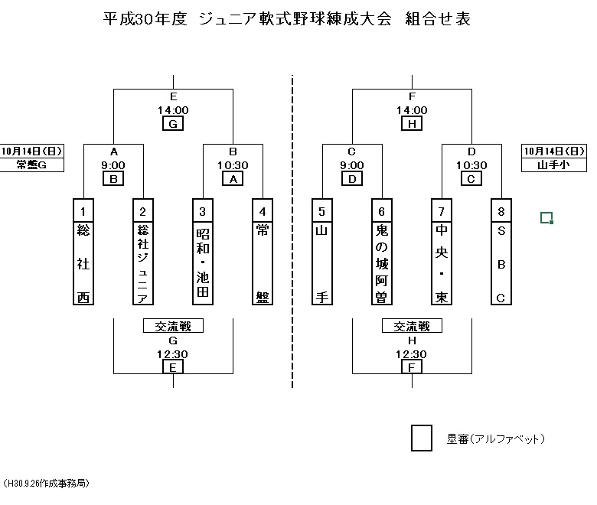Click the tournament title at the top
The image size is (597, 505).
click(286, 19)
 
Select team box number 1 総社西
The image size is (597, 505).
click(83, 252)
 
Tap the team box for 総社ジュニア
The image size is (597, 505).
click(143, 252)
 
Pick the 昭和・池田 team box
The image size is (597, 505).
click(203, 252)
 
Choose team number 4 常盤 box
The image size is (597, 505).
click(263, 252)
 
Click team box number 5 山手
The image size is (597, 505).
click(322, 252)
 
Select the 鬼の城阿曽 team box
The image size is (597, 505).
click(382, 252)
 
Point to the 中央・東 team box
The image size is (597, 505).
click(442, 252)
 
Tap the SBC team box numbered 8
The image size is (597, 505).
click(501, 252)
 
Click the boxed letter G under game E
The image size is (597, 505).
click(173, 123)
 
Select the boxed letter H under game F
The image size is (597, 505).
click(412, 123)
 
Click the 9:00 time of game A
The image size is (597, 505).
click(113, 165)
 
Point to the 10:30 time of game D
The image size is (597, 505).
click(471, 165)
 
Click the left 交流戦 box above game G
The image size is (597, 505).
click(173, 326)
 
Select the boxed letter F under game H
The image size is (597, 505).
click(412, 367)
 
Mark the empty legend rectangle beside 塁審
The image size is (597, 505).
click(422, 438)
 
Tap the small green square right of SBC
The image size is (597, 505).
click(546, 218)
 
